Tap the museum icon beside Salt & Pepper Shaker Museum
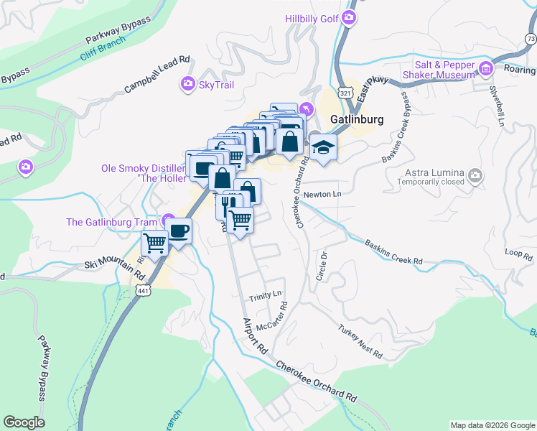tap(486, 69)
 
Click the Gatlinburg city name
tap(357, 119)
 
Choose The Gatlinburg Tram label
tap(113, 221)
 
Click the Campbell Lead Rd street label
tap(156, 75)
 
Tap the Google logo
tap(24, 422)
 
